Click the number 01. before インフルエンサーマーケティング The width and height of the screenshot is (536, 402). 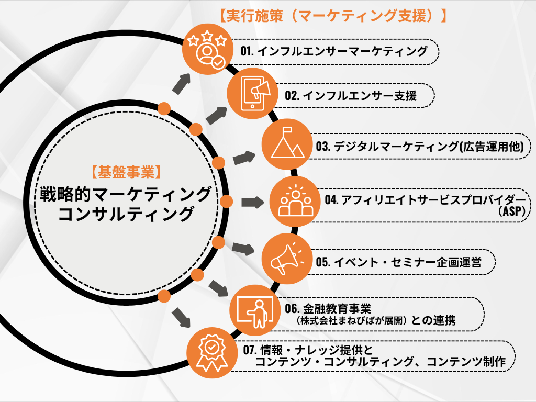[248, 51]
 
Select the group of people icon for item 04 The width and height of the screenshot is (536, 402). [296, 202]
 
